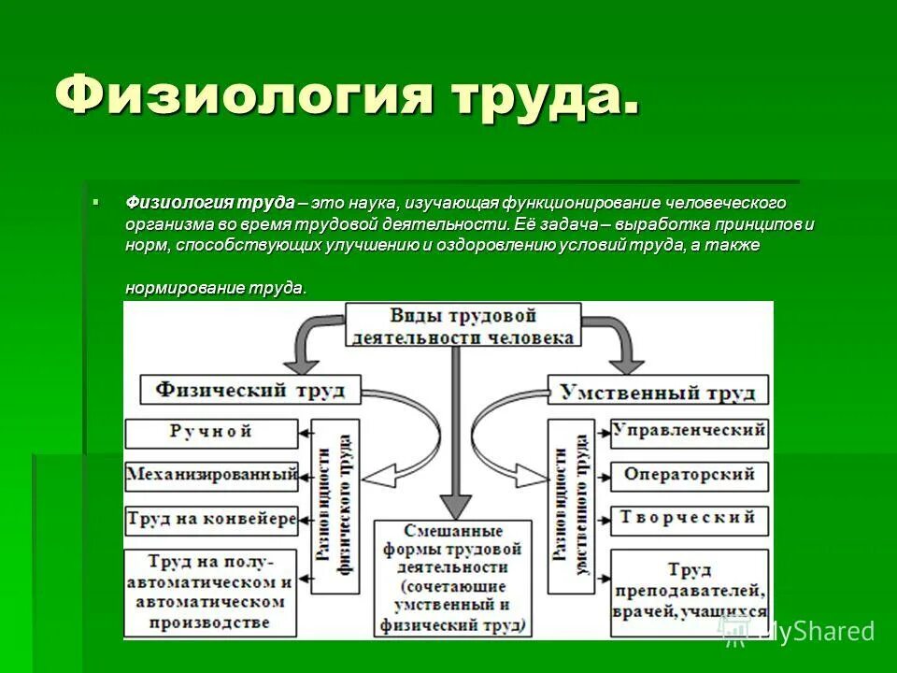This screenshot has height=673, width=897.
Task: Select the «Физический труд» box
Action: [x=249, y=389]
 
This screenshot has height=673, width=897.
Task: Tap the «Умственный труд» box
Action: [x=659, y=391]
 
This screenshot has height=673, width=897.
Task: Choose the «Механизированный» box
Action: [x=211, y=475]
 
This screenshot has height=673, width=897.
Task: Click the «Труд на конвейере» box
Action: [x=211, y=518]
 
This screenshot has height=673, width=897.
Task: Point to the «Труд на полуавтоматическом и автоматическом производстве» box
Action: [x=211, y=591]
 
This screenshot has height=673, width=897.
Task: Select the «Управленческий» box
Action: [x=690, y=432]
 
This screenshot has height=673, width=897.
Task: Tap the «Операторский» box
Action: [x=690, y=475]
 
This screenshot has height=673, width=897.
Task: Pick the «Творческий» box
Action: [x=690, y=518]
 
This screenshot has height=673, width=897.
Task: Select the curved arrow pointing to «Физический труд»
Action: [x=308, y=340]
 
